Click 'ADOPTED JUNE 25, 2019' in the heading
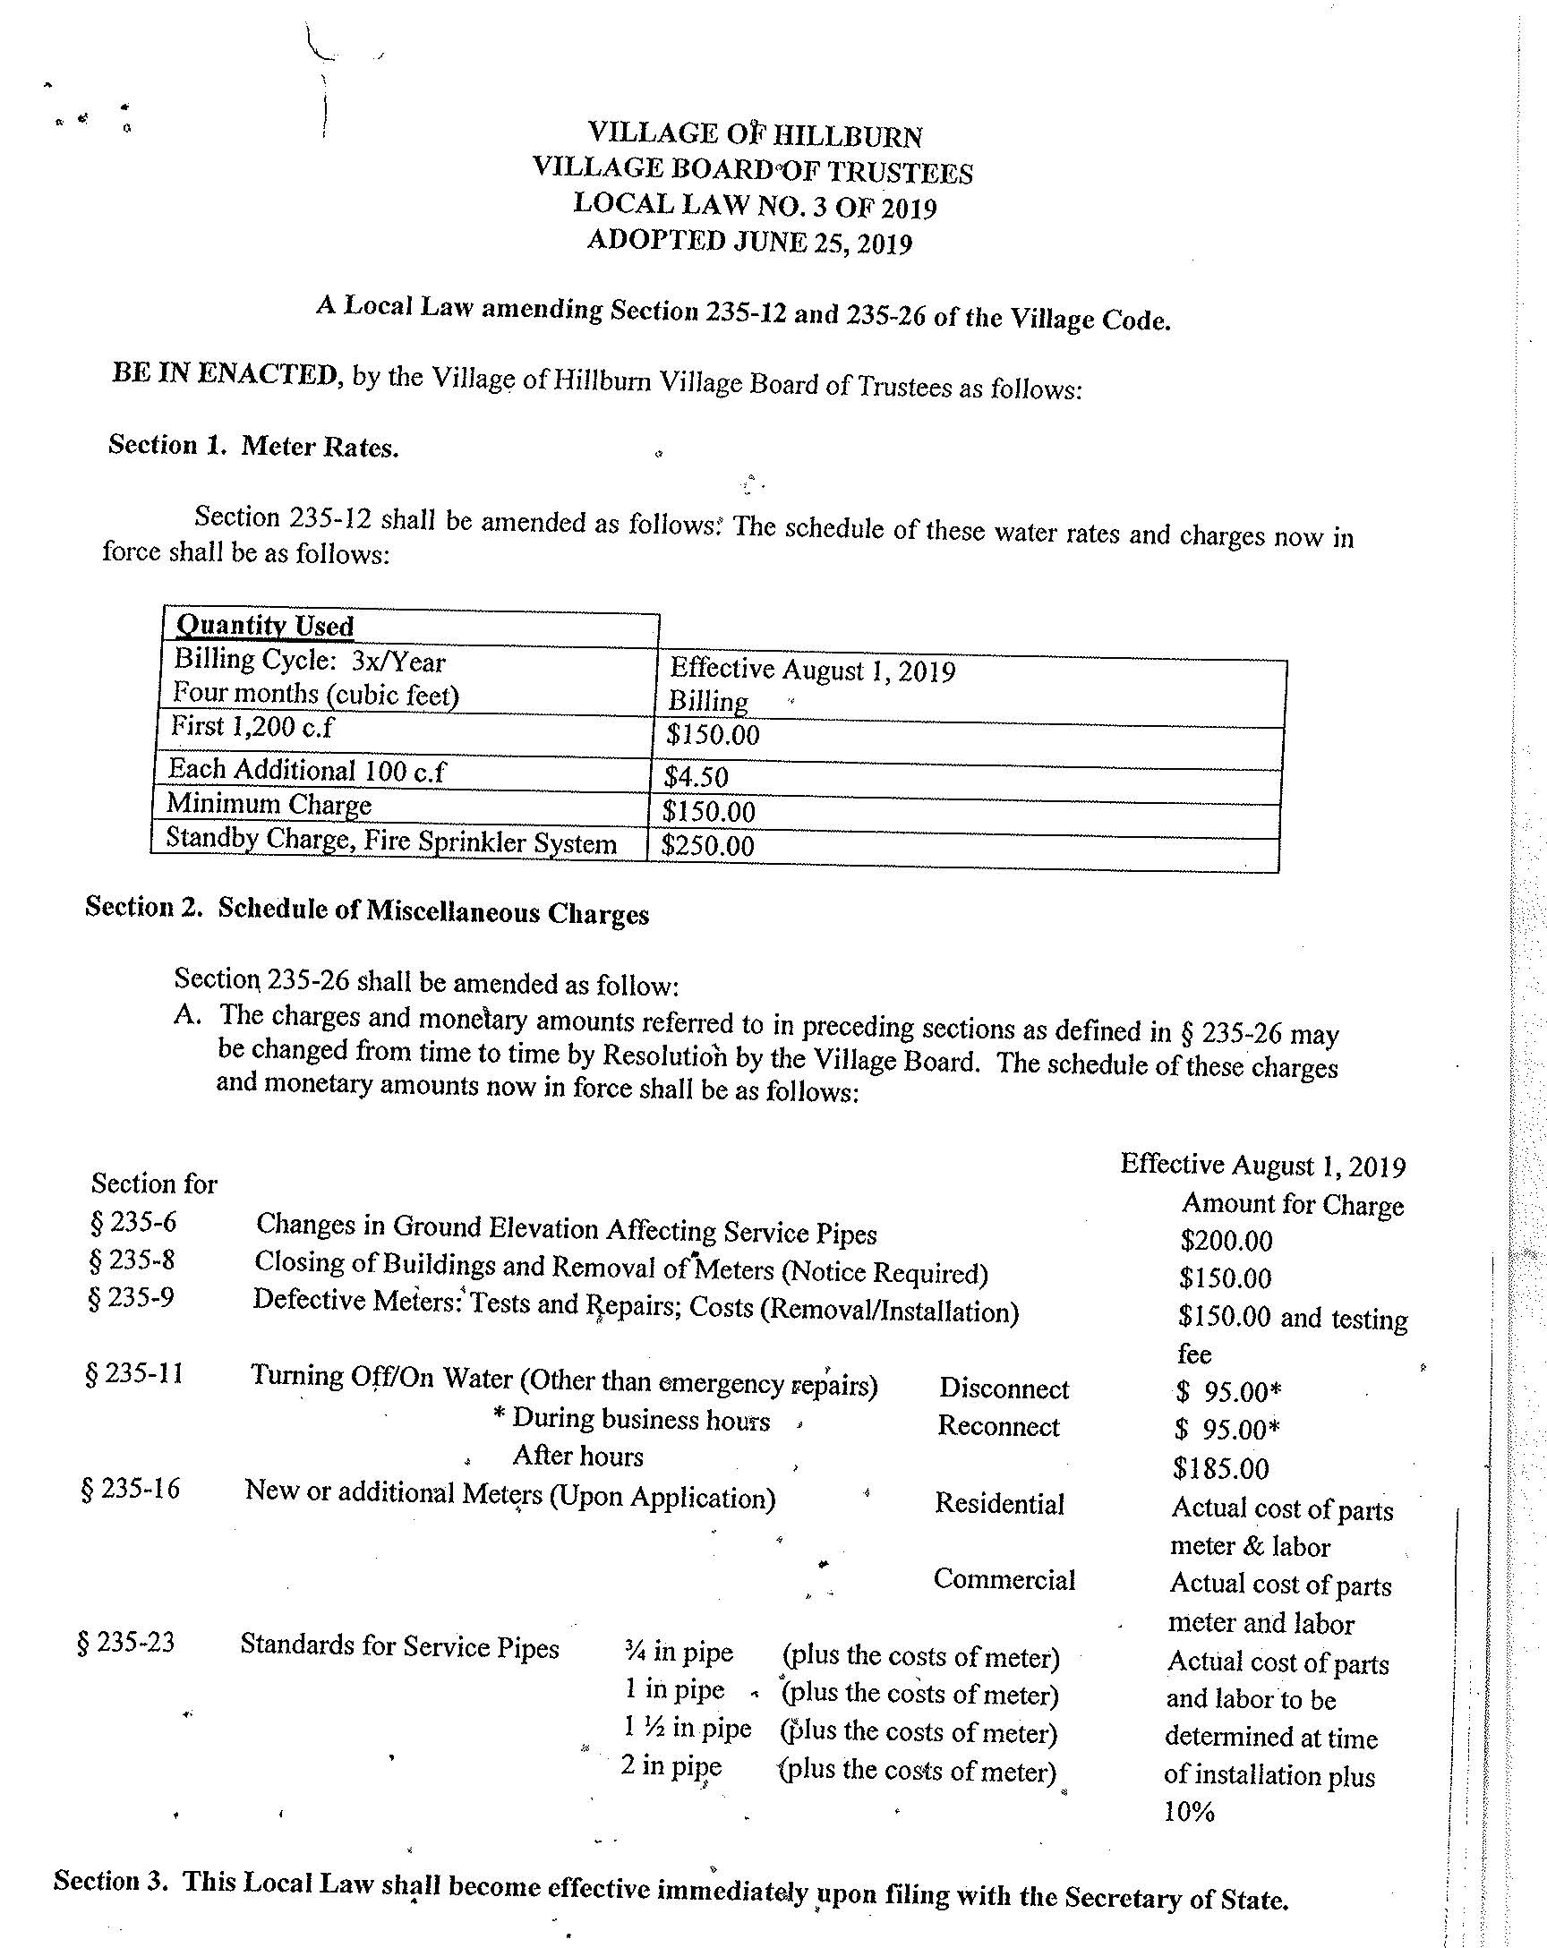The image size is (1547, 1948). click(749, 241)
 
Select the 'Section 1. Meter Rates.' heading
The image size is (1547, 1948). click(253, 446)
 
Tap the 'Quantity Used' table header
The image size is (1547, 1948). click(265, 625)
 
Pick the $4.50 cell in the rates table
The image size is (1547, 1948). click(696, 776)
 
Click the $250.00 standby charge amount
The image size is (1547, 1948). click(706, 846)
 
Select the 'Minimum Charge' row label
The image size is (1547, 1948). click(269, 803)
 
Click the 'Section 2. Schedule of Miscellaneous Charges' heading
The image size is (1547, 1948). click(367, 910)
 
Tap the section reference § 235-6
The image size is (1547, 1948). click(132, 1223)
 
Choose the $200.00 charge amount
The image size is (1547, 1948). click(1226, 1241)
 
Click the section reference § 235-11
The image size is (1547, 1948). click(133, 1374)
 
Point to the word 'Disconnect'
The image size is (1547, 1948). click(1004, 1388)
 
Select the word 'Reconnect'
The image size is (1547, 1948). click(998, 1426)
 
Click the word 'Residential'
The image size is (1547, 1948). click(999, 1503)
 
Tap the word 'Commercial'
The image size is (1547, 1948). click(1004, 1579)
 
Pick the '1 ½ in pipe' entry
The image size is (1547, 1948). click(687, 1728)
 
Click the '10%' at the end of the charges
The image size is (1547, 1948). click(1189, 1812)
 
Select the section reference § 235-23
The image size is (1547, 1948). click(126, 1642)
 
